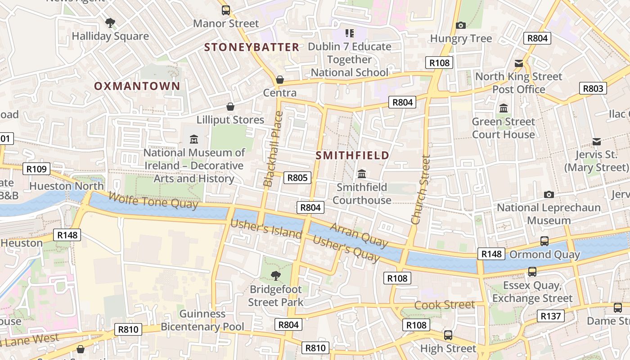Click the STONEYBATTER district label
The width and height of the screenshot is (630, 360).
(252, 47)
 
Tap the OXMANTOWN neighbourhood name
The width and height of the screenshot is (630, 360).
(137, 86)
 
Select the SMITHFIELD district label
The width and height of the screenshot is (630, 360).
(352, 156)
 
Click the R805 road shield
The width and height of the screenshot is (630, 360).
(297, 178)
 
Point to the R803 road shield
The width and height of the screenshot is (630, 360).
(593, 88)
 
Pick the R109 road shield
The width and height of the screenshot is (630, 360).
(36, 169)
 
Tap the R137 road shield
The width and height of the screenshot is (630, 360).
(550, 316)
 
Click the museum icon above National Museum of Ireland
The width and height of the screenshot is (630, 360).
(194, 139)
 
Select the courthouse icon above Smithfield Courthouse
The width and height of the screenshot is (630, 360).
(361, 174)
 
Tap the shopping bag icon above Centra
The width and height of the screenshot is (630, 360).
(280, 80)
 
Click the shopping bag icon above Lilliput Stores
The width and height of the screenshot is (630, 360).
(230, 107)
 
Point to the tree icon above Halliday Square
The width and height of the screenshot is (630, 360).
(110, 22)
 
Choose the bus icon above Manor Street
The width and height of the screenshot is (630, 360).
(226, 10)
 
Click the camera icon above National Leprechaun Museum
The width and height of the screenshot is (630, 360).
(549, 194)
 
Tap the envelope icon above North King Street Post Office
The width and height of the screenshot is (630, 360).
(519, 63)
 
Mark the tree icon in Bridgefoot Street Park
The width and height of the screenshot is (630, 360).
(275, 275)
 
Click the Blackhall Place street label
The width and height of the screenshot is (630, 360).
(273, 148)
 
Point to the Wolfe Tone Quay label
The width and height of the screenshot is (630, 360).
(153, 201)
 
